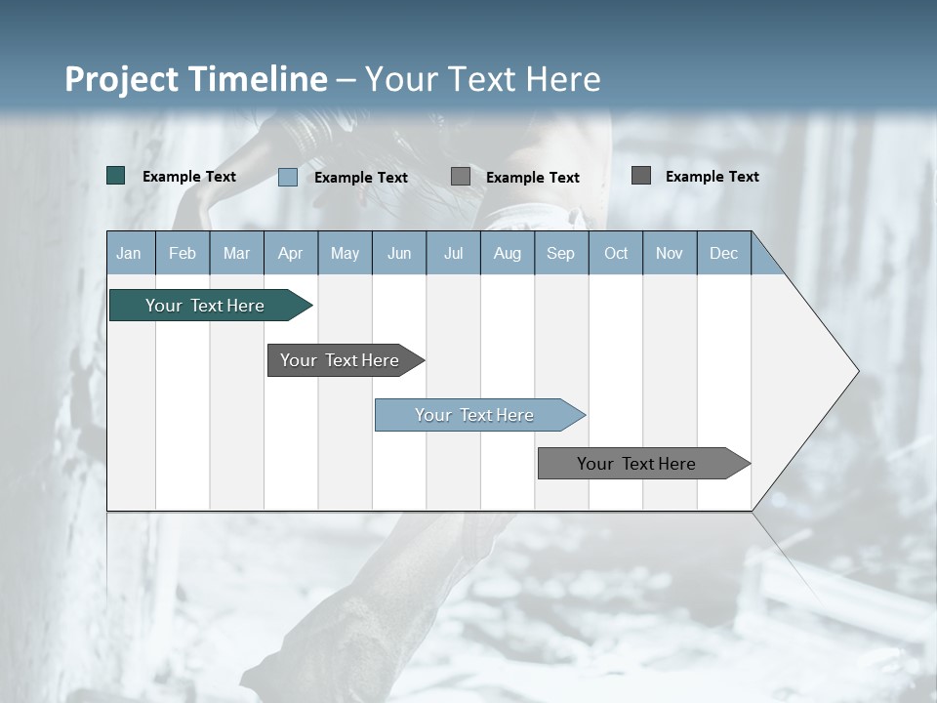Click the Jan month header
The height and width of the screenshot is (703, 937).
tap(129, 254)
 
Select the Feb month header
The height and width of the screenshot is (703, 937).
tap(183, 254)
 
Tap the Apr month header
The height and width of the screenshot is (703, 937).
tap(290, 254)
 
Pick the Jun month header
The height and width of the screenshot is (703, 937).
tap(399, 254)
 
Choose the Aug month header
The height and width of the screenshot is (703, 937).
tap(507, 254)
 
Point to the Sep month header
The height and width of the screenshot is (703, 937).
tap(560, 254)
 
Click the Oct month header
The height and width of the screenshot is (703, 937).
tap(616, 254)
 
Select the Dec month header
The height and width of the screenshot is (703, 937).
tap(723, 254)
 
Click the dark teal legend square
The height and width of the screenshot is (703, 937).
tap(115, 176)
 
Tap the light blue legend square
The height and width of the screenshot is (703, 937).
tap(288, 177)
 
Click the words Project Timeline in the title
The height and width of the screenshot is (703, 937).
tap(195, 79)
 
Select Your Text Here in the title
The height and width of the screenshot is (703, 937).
tap(482, 79)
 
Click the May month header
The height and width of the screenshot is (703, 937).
tap(345, 254)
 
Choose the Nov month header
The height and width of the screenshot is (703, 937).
tap(670, 254)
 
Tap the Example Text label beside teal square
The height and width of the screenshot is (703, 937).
tap(189, 177)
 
